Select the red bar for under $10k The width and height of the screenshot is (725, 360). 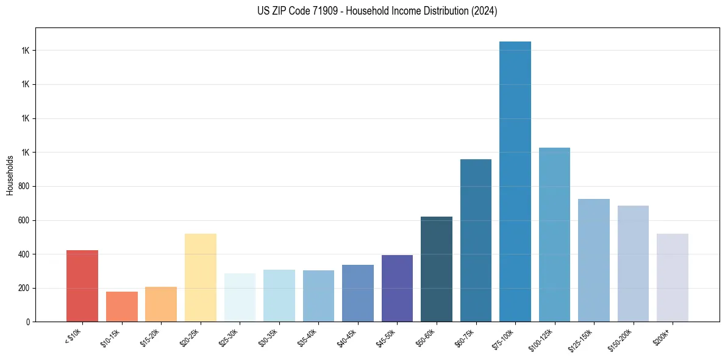click(x=82, y=286)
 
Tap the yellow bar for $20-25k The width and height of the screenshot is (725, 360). click(x=200, y=278)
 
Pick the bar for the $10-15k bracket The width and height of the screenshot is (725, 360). click(x=121, y=307)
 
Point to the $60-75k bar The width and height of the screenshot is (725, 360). click(x=476, y=240)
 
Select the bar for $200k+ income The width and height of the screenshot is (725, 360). click(x=673, y=278)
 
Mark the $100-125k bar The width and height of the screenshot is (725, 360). click(x=554, y=235)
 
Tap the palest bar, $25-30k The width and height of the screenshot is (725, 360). click(x=240, y=298)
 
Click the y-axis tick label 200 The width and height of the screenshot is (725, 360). click(x=24, y=288)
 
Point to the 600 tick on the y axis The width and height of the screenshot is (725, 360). click(x=24, y=220)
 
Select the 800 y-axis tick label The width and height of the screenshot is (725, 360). click(x=24, y=186)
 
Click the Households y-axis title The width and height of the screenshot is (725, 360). click(x=10, y=175)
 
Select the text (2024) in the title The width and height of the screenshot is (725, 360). click(x=485, y=11)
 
